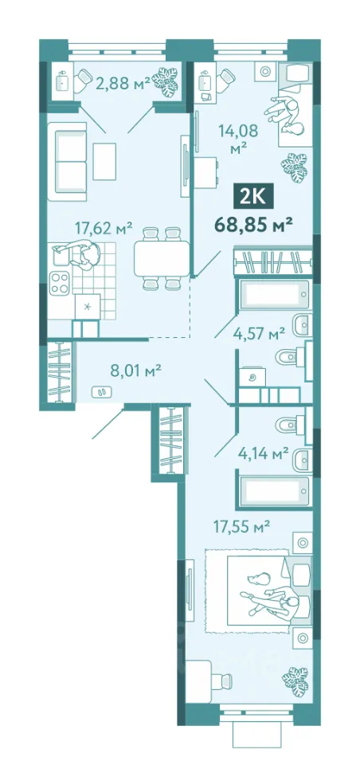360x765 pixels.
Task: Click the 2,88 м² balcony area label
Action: click(123, 84)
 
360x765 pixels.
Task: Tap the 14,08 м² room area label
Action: click(238, 139)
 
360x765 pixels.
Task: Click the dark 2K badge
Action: click(252, 197)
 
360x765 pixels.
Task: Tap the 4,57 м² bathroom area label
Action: click(259, 335)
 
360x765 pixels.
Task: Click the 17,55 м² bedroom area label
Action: click(241, 527)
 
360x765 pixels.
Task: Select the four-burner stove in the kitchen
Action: click(60, 282)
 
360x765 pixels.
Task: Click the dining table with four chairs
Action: click(162, 258)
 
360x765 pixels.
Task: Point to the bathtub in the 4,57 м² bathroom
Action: click(275, 295)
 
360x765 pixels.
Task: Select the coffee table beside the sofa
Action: click(105, 161)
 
